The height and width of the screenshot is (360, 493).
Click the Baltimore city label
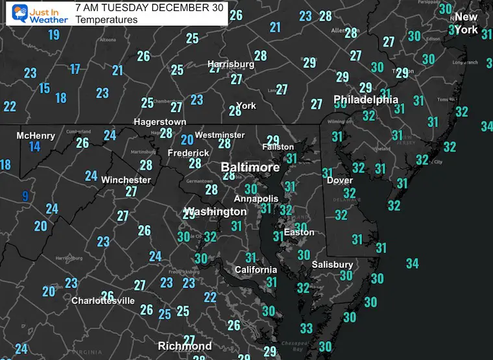[250, 167]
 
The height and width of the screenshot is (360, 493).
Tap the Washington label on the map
[216, 211]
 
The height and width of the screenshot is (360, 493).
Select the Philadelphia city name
[366, 100]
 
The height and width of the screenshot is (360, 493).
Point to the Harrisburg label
[231, 64]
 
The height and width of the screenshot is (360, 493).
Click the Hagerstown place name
[160, 122]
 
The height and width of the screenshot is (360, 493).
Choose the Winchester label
[126, 180]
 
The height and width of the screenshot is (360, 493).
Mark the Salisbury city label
[332, 265]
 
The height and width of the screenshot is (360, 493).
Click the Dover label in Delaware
[339, 180]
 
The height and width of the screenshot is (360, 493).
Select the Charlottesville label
[103, 301]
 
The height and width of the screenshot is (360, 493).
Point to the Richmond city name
[186, 346]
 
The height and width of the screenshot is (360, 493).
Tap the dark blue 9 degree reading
[25, 196]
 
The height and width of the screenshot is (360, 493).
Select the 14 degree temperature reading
[34, 147]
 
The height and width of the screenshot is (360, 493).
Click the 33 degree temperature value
[306, 328]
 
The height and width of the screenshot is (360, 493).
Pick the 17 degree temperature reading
[75, 69]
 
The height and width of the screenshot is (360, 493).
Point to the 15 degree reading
[44, 88]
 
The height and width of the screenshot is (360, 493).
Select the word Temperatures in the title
[106, 19]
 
